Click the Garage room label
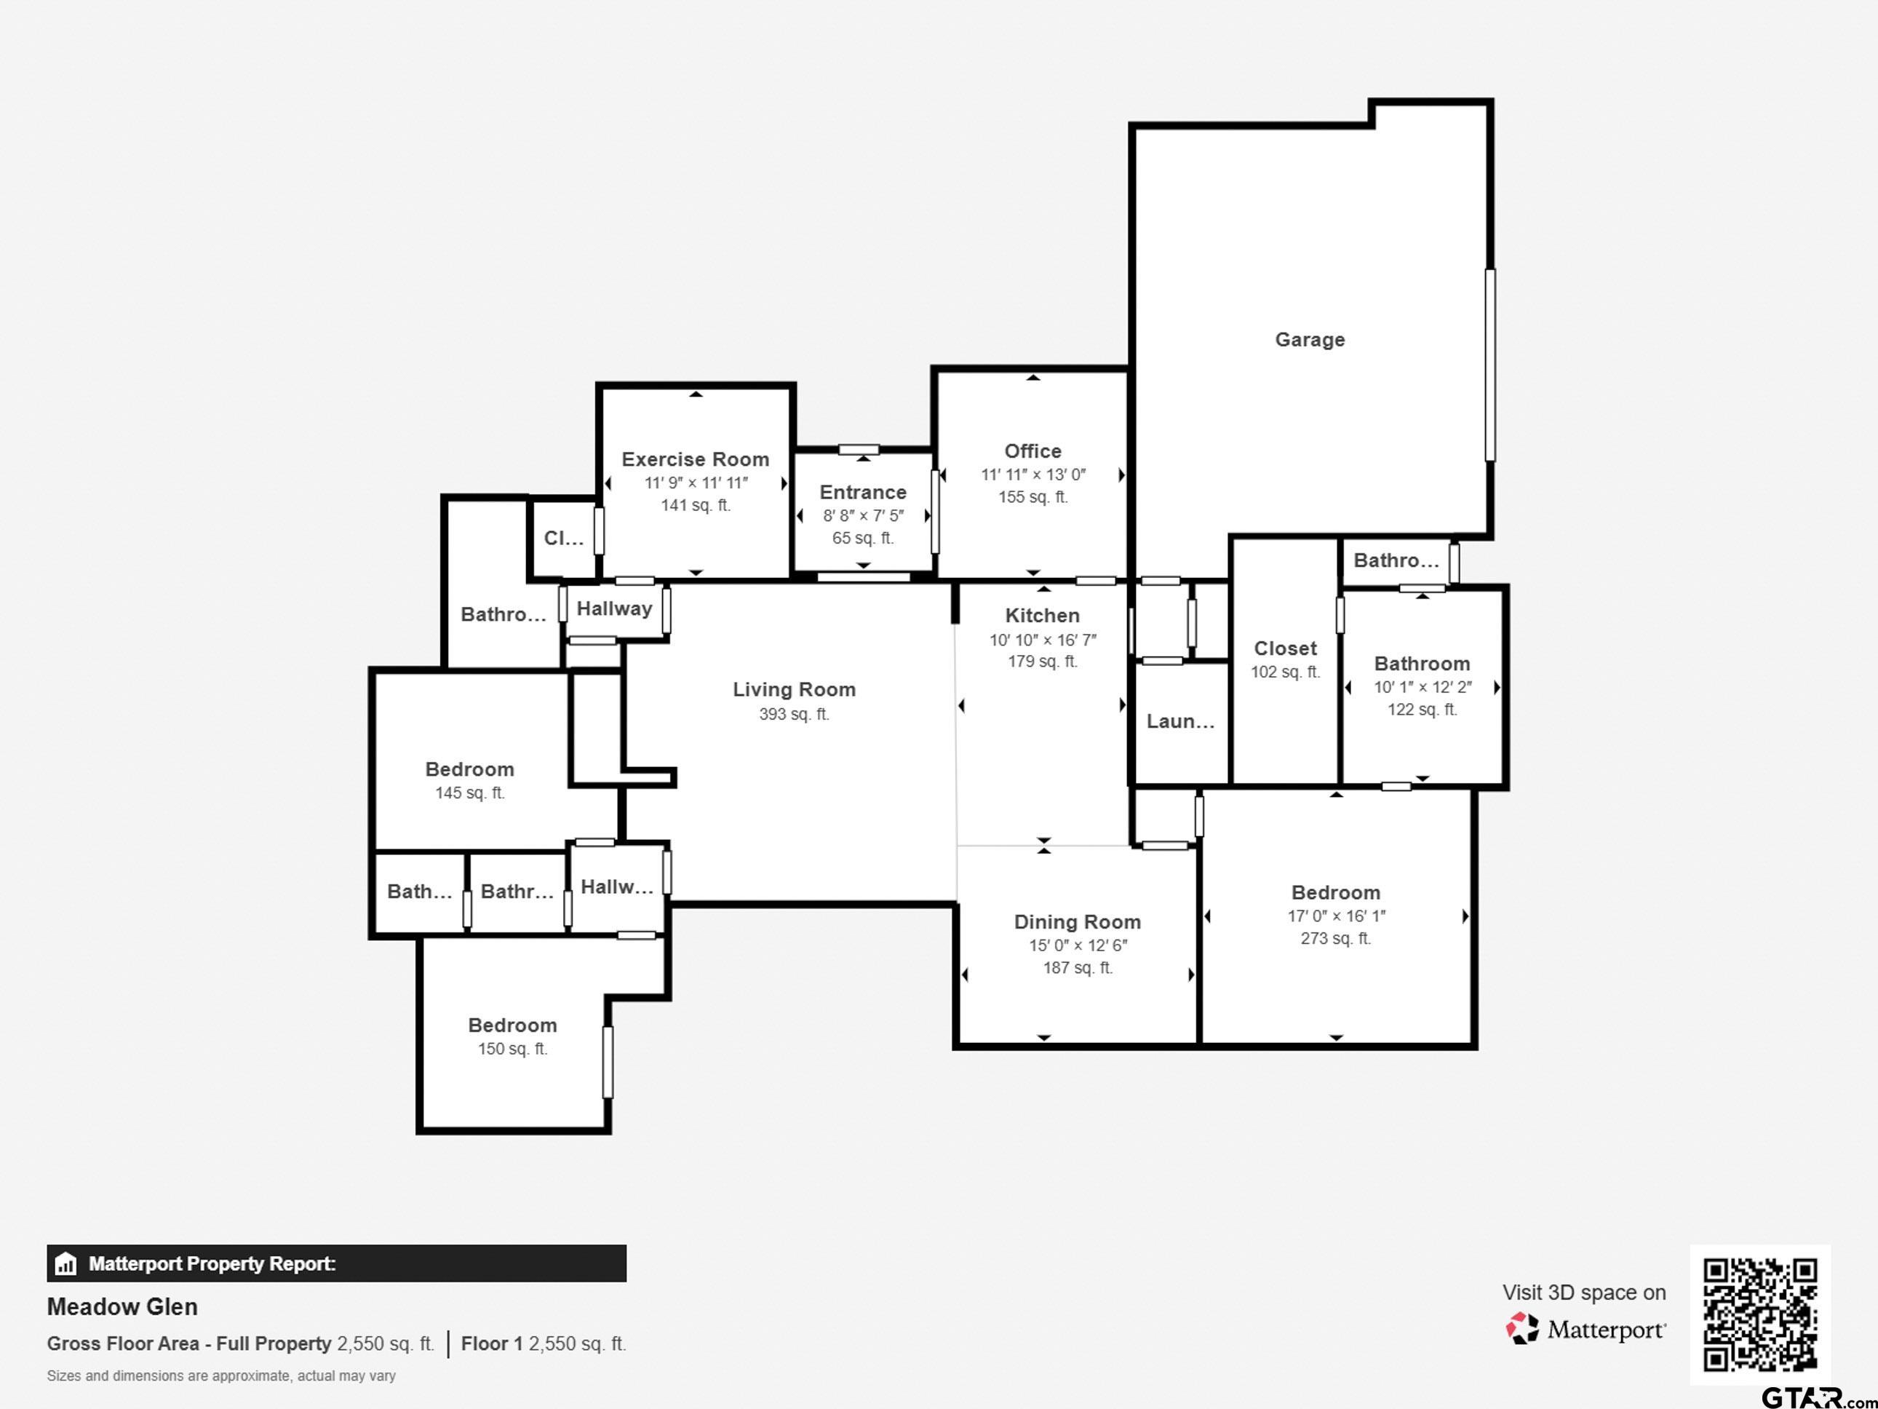[x=1309, y=340]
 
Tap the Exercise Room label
[x=696, y=459]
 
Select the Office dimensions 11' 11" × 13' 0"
[x=1033, y=475]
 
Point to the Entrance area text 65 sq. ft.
[x=862, y=539]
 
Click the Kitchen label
[x=1043, y=616]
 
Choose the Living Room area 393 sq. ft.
[x=794, y=714]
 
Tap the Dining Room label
[x=1078, y=921]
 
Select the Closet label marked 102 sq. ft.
[x=1286, y=649]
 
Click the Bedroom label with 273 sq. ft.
[x=1335, y=892]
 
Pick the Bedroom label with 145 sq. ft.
[x=469, y=769]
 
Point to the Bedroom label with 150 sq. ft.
[x=513, y=1025]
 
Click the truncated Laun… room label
[x=1180, y=721]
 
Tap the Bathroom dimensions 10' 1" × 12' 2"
[x=1422, y=687]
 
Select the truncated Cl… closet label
[x=564, y=538]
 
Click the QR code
[x=1760, y=1314]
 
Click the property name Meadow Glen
[x=122, y=1306]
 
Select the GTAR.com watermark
[x=1818, y=1397]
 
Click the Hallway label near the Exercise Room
[x=614, y=609]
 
